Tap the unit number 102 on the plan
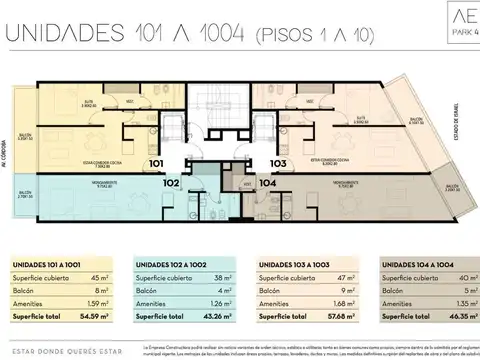tap(171, 183)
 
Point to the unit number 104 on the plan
tap(267, 183)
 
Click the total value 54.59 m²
tap(93, 319)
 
